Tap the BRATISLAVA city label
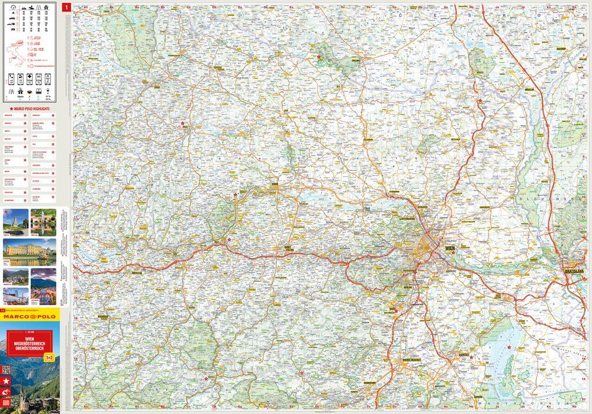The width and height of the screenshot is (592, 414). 573,270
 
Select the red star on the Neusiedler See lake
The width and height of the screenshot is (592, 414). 509,347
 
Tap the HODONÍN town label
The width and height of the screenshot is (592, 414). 560,48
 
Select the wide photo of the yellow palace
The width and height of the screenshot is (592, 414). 30,251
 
